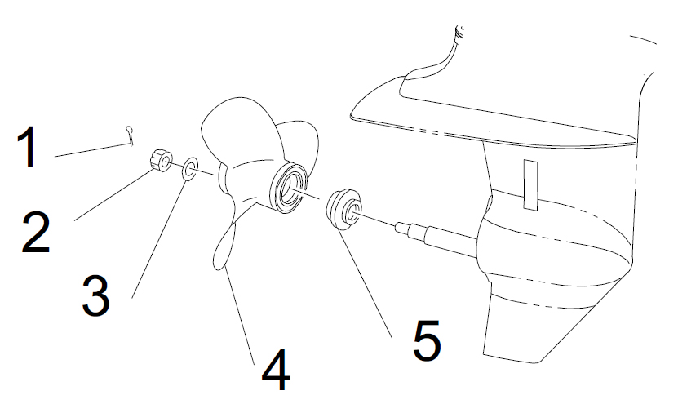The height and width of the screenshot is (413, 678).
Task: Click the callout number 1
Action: coord(27,147)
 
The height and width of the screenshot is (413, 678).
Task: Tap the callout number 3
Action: coord(95,295)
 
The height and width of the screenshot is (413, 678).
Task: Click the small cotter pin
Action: coord(129,135)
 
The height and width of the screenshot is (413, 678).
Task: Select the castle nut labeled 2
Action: coord(161,160)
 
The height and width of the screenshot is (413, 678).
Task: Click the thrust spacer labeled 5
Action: coord(343,208)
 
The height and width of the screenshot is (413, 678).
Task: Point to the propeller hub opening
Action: coord(290,189)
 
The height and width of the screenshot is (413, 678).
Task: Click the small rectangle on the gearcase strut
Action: coord(530,185)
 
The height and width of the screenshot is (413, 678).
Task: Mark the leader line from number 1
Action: coord(92,149)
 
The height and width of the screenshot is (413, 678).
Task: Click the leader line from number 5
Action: coord(364,283)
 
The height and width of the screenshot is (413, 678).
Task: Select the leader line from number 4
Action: coord(239,316)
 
